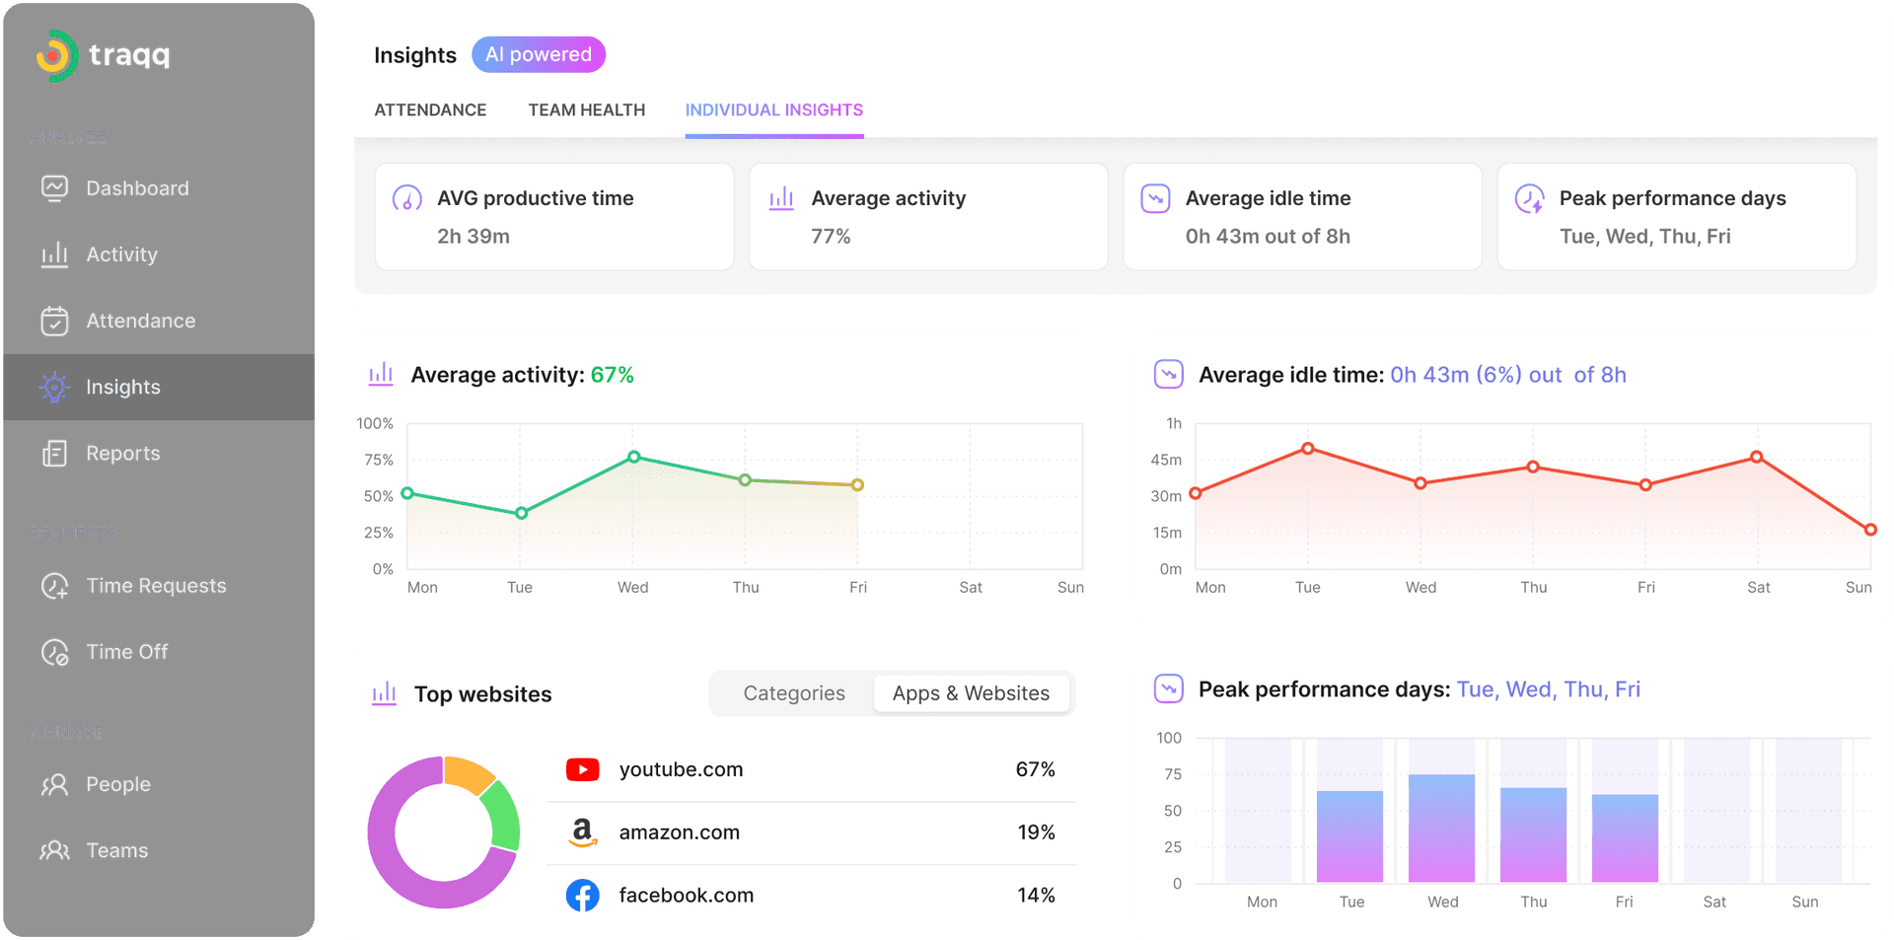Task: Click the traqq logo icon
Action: click(x=56, y=56)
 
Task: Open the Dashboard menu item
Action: click(x=136, y=188)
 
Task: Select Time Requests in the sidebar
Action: click(x=155, y=586)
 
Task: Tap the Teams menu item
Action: click(x=116, y=850)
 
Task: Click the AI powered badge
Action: click(x=538, y=54)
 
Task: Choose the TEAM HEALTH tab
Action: click(x=586, y=109)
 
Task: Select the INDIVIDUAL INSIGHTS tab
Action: click(x=773, y=109)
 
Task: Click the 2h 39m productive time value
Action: click(x=473, y=237)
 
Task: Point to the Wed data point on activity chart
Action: click(x=634, y=457)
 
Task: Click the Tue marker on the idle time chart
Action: click(x=1307, y=449)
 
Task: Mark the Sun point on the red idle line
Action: click(x=1870, y=530)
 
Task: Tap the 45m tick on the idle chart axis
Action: click(x=1165, y=460)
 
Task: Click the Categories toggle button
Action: click(x=793, y=693)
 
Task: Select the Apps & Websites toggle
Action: click(x=971, y=693)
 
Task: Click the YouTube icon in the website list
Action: click(x=582, y=769)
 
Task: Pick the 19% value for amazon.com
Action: click(x=1035, y=832)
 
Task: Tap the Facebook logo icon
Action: click(x=582, y=896)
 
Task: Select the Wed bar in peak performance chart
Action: click(x=1441, y=829)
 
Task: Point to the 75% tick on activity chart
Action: click(x=378, y=460)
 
